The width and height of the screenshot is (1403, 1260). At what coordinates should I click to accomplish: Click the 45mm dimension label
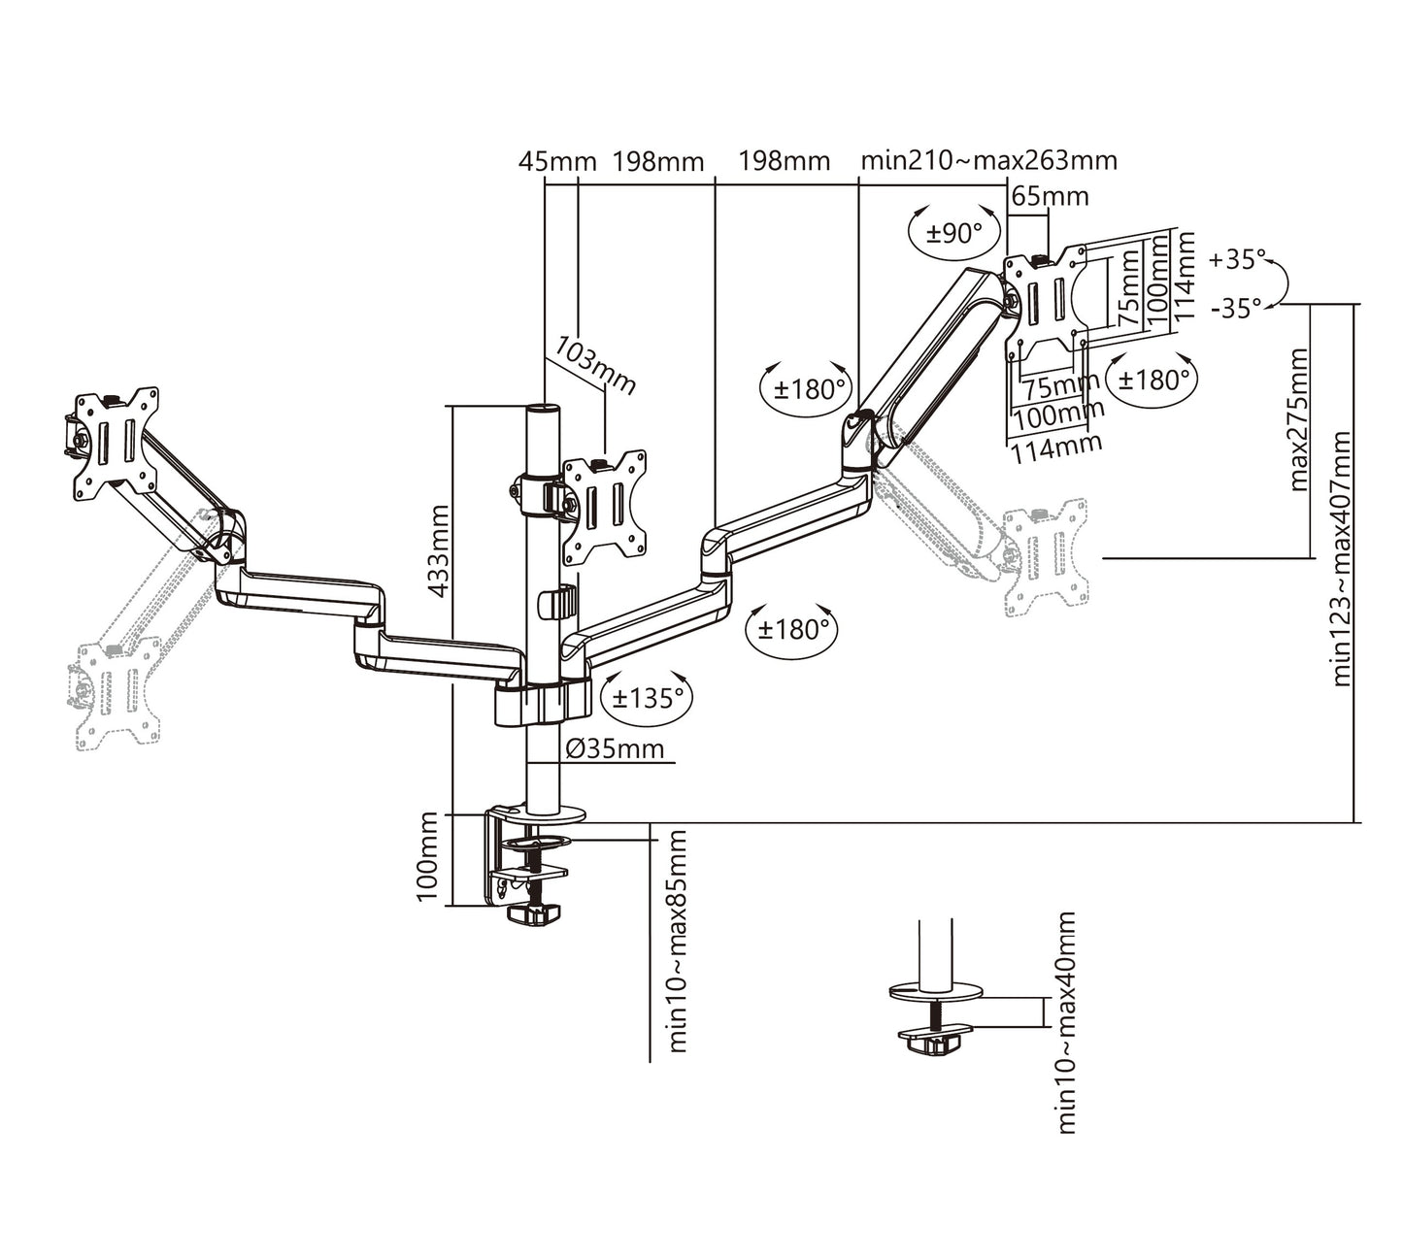pyautogui.click(x=556, y=161)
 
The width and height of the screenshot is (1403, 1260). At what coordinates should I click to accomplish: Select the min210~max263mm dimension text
pyautogui.click(x=988, y=160)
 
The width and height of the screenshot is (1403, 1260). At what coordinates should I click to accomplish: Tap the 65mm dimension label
pyautogui.click(x=1050, y=197)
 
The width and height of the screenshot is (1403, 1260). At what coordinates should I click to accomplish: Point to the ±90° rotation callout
pyautogui.click(x=954, y=233)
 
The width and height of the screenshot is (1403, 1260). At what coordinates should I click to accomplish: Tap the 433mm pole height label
pyautogui.click(x=438, y=550)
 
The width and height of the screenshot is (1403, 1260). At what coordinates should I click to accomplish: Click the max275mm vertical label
pyautogui.click(x=1298, y=418)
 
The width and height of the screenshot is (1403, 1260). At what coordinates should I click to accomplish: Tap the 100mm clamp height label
pyautogui.click(x=427, y=856)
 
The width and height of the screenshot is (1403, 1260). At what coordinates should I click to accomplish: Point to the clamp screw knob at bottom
pyautogui.click(x=533, y=914)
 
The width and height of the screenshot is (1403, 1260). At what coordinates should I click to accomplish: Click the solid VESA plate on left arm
pyautogui.click(x=117, y=443)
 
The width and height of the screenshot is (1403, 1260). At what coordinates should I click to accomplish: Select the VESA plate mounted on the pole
pyautogui.click(x=605, y=508)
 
